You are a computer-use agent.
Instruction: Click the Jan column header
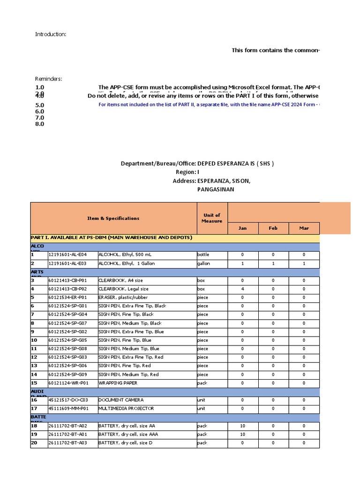[242, 228]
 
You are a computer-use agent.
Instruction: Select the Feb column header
[273, 228]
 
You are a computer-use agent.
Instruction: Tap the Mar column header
[304, 228]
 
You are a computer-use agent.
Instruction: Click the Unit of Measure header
[212, 218]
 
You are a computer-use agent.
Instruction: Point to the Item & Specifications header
[113, 218]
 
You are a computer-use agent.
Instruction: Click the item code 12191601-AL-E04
[67, 255]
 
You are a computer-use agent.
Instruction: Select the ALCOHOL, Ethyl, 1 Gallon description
[126, 263]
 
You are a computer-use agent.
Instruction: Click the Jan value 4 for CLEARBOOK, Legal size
[242, 289]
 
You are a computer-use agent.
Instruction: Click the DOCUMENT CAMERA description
[121, 400]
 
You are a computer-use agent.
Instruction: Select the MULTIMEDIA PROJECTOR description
[126, 408]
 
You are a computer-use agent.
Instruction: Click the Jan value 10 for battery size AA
[242, 426]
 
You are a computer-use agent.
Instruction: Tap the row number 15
[34, 383]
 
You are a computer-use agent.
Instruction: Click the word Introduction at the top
[51, 34]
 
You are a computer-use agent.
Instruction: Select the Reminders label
[49, 79]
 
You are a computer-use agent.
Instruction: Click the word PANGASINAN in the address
[214, 189]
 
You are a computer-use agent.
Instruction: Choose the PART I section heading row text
[112, 238]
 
